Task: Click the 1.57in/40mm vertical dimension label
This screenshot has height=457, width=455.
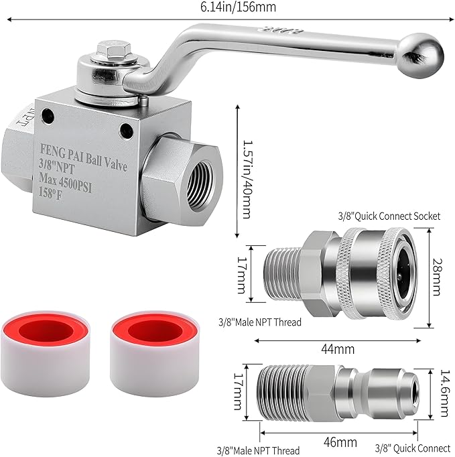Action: pyautogui.click(x=248, y=171)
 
